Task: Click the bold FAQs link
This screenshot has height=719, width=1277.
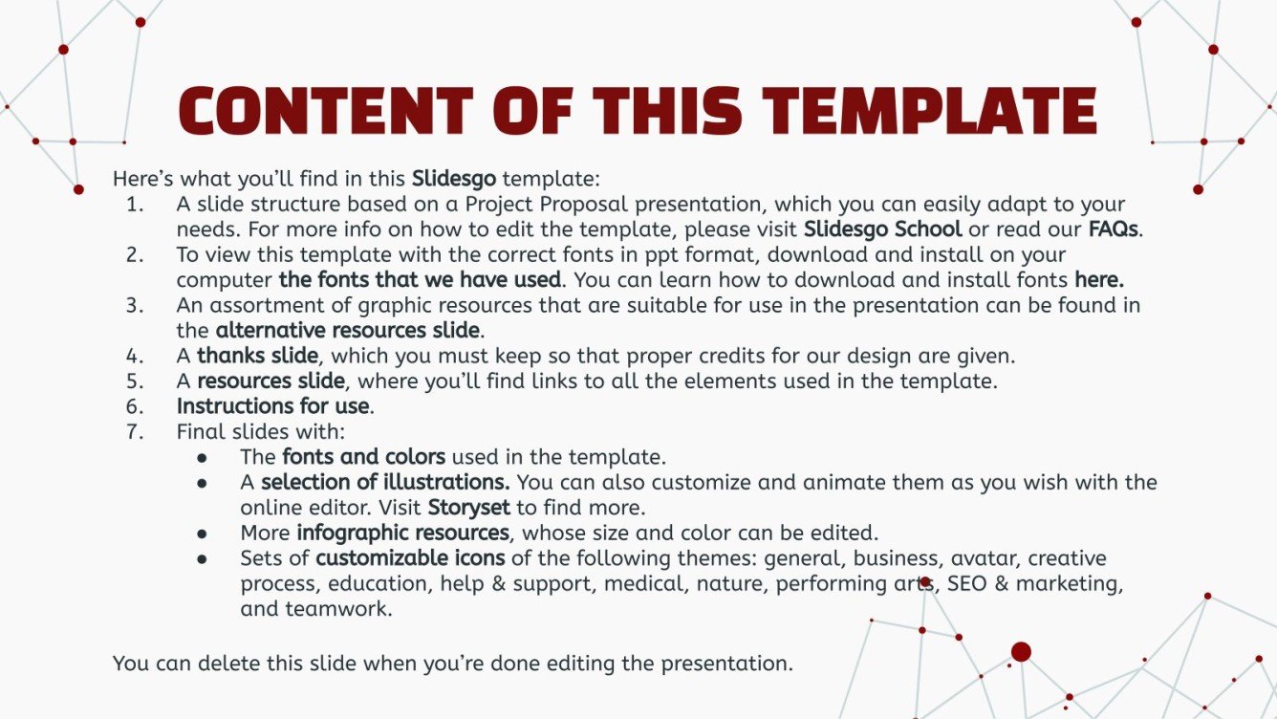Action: tap(1115, 229)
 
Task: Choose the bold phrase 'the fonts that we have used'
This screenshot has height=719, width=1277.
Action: tap(420, 280)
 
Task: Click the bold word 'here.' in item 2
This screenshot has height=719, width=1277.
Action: tap(1099, 280)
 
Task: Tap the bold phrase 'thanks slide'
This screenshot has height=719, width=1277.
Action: tap(256, 356)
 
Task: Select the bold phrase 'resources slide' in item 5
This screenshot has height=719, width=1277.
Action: tap(271, 381)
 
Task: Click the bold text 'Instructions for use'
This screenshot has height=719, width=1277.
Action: tap(272, 406)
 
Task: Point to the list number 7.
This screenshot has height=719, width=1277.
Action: tap(134, 431)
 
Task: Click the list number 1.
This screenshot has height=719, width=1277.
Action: tap(134, 205)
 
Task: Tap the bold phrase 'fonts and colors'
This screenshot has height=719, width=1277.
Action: tap(363, 457)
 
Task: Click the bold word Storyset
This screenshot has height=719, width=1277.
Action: tap(468, 508)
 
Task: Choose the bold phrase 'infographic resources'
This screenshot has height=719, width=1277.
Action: tap(402, 533)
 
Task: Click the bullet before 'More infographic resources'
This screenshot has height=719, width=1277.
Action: tap(203, 534)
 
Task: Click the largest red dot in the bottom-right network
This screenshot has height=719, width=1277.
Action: tap(1021, 652)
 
